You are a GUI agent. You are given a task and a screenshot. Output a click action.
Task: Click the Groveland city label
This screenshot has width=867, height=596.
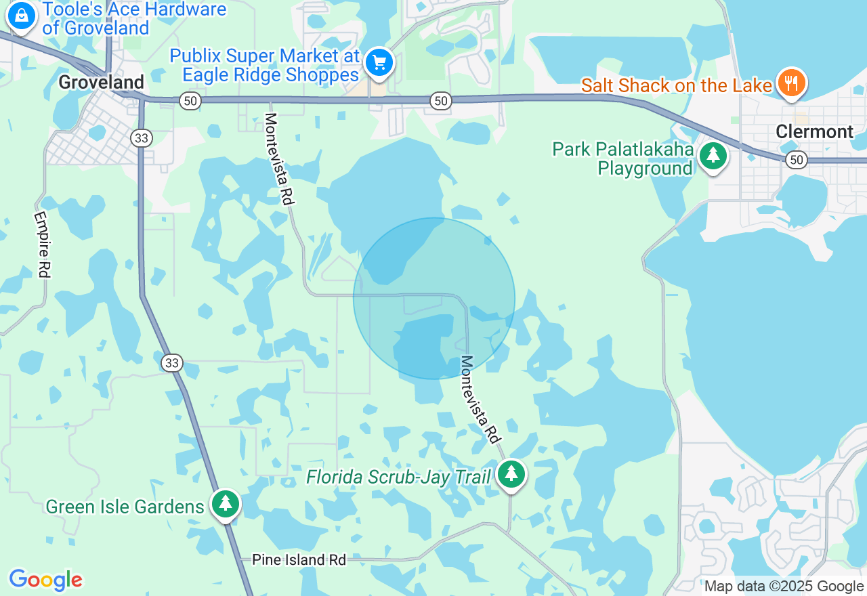coord(101,83)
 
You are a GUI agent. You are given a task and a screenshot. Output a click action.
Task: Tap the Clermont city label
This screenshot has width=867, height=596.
coord(814,131)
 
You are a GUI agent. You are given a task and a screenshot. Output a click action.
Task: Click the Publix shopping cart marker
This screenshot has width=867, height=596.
coord(379,63)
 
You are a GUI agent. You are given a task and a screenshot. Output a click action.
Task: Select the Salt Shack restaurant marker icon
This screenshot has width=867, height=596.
coord(790,82)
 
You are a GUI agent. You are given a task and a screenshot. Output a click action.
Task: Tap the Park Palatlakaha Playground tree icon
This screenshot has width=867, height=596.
coord(713,156)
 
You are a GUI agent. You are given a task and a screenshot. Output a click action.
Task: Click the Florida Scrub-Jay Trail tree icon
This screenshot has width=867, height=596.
coord(511,473)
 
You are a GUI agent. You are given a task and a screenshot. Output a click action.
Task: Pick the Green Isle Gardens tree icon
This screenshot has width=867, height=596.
coord(226,503)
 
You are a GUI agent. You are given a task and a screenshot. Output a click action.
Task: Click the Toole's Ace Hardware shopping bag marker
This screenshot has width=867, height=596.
coord(22,15)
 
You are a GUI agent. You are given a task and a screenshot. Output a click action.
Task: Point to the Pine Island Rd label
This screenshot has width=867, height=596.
coord(299,560)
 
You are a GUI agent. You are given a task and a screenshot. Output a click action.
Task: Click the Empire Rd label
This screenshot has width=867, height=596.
coord(42,244)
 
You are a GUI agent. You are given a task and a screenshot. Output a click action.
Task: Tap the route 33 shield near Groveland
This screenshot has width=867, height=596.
coord(142,138)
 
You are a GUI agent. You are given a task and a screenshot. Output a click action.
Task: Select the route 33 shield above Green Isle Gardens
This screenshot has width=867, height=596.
coord(172,363)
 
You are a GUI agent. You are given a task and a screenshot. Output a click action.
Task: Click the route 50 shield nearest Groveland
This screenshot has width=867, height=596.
coord(190,101)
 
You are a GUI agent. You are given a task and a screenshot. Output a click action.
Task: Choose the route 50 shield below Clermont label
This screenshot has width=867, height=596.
coord(797,161)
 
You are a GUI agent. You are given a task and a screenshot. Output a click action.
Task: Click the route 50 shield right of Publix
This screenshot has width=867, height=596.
coord(441,101)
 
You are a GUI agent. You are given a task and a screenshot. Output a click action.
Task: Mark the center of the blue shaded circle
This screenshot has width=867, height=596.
coord(434,298)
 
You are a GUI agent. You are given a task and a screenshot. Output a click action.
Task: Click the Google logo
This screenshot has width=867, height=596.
coord(45,580)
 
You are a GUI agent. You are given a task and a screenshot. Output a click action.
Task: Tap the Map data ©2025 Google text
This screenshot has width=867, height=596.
coord(784,587)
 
